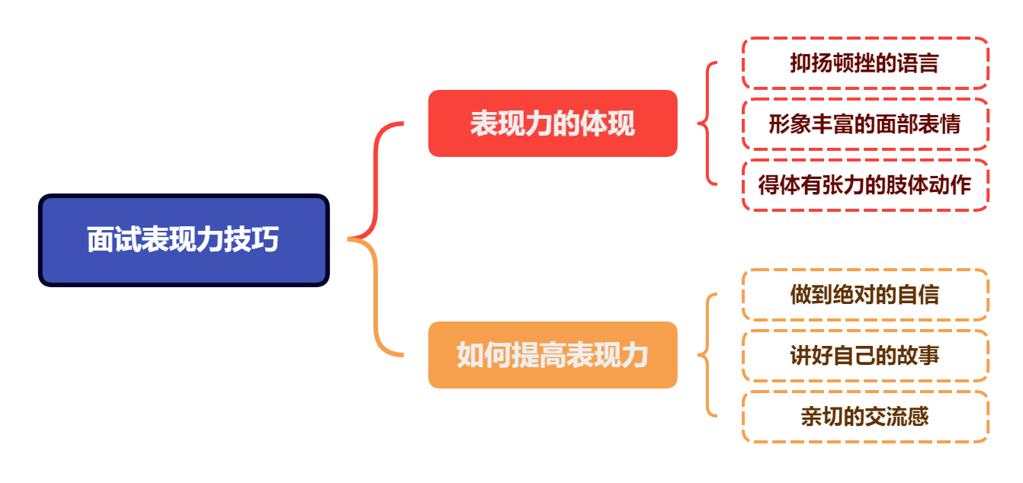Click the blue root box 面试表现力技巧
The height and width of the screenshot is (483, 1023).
(x=183, y=240)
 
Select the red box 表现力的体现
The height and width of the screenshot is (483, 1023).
(x=553, y=123)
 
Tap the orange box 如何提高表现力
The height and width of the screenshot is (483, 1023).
(x=553, y=355)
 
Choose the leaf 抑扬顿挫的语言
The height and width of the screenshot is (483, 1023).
(x=864, y=63)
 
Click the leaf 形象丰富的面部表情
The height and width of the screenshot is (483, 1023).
(x=864, y=124)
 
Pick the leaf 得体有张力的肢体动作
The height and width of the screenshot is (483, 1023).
(x=864, y=185)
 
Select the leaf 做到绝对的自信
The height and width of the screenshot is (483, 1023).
(x=864, y=295)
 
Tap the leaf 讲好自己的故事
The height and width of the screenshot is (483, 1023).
(x=864, y=356)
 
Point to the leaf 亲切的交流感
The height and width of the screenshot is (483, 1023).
(x=864, y=417)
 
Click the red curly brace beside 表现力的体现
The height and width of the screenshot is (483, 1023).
(x=708, y=123)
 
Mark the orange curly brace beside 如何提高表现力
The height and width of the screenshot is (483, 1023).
(x=708, y=355)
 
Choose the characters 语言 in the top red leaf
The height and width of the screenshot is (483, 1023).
(x=920, y=63)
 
